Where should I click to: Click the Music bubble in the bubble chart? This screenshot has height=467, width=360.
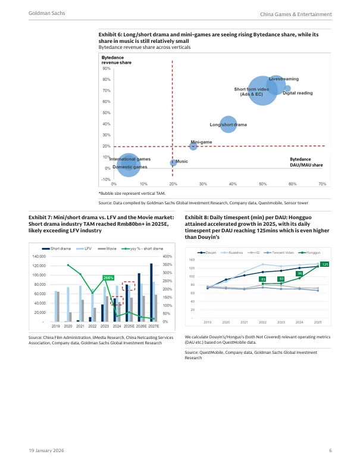pyautogui.click(x=173, y=162)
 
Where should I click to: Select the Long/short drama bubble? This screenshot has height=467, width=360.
pyautogui.click(x=227, y=124)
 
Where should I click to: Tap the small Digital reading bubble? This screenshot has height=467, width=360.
pyautogui.click(x=288, y=89)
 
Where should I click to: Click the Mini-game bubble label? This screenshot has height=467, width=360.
pyautogui.click(x=201, y=142)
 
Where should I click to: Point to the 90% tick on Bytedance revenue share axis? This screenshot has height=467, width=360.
pyautogui.click(x=106, y=69)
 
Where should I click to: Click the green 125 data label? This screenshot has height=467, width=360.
pyautogui.click(x=324, y=264)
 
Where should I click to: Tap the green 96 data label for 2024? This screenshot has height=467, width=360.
pyautogui.click(x=300, y=273)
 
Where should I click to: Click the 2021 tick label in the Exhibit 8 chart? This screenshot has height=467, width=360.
pyautogui.click(x=245, y=322)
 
